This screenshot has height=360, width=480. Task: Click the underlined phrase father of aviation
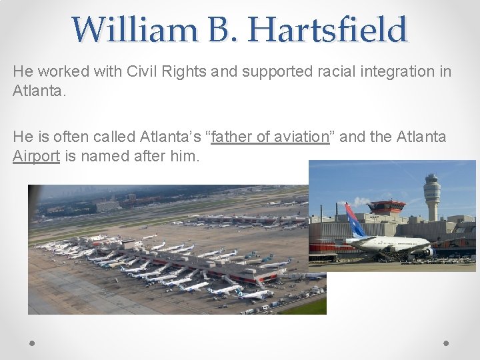[x=270, y=137]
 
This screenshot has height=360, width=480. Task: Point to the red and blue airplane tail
[x=353, y=221]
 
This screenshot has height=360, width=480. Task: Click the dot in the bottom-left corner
[x=31, y=343]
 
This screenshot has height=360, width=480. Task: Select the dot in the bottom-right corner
[x=446, y=343]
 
